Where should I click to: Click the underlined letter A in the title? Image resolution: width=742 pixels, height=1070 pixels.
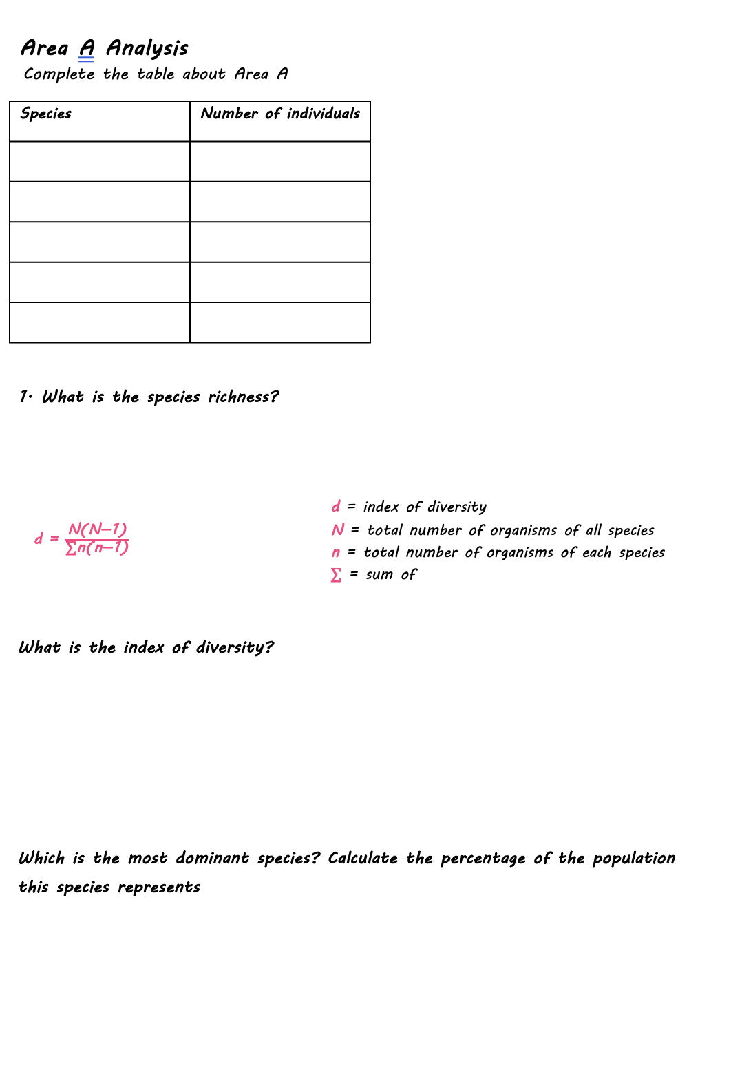[86, 48]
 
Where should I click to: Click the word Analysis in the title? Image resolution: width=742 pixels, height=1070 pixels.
[147, 48]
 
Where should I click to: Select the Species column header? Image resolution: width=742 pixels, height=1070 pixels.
[46, 114]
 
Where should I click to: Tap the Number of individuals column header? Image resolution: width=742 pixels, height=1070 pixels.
[280, 114]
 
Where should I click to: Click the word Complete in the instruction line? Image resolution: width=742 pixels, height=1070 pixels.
[59, 74]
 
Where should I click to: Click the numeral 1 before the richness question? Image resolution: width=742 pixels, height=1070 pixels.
[24, 397]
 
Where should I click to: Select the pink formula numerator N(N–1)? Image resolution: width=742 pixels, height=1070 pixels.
[97, 529]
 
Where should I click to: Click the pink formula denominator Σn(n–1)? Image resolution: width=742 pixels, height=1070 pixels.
[96, 548]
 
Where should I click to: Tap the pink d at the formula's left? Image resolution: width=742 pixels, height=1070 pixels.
[39, 538]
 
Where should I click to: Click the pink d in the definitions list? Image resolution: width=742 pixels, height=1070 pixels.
[336, 507]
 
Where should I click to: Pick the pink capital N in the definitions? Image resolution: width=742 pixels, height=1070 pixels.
[337, 530]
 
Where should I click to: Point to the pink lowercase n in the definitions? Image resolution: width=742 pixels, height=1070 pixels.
[336, 553]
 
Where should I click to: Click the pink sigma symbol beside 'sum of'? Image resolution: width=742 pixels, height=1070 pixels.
[336, 575]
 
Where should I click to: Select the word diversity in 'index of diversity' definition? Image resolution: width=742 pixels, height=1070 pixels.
[456, 507]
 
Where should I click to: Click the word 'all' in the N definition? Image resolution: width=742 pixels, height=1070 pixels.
[593, 530]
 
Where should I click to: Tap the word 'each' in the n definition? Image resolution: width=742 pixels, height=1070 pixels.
[596, 553]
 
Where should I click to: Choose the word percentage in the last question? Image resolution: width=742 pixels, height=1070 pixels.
[483, 859]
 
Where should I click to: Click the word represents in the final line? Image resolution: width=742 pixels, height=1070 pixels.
[158, 888]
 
